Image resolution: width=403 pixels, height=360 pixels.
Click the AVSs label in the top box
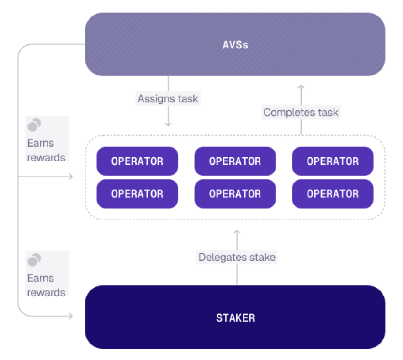coord(235,45)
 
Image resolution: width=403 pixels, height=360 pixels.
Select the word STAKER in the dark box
coord(235,318)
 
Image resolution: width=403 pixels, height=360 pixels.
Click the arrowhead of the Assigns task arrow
coord(168,124)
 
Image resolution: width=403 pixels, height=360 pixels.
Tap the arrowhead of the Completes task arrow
coord(301,87)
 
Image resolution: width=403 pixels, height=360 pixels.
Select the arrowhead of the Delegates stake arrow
coord(237,232)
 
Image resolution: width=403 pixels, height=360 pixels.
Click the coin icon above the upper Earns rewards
coord(34,125)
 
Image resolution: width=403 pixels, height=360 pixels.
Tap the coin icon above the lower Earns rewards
coord(34,260)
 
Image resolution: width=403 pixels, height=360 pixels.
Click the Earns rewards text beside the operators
coord(46,150)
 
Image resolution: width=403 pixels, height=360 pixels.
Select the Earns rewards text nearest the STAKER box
coord(46,285)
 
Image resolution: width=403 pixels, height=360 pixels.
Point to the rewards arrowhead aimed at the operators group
coord(71,177)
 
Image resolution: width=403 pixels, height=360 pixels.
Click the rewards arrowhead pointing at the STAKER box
coord(71,316)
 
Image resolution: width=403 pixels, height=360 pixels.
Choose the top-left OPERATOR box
coord(137,161)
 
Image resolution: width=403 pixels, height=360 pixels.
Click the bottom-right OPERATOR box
coord(333,194)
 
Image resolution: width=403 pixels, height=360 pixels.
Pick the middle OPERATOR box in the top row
coord(235,161)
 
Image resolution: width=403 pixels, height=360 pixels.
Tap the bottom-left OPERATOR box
coord(137,194)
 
